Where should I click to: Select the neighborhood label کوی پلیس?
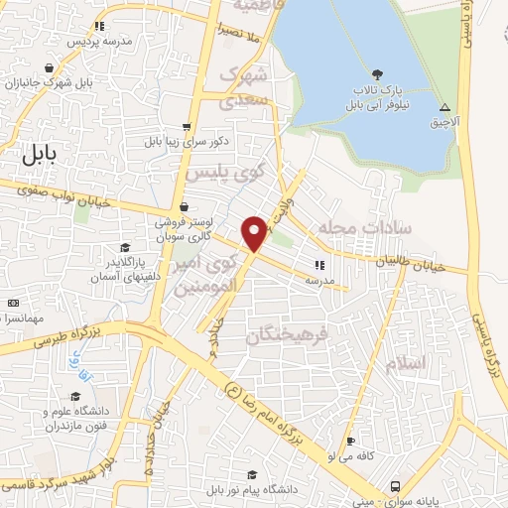click(226, 172)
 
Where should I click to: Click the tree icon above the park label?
click(377, 74)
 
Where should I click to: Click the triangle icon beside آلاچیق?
click(444, 106)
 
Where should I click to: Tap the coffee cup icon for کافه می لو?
click(349, 442)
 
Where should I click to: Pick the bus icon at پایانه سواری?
click(396, 486)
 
